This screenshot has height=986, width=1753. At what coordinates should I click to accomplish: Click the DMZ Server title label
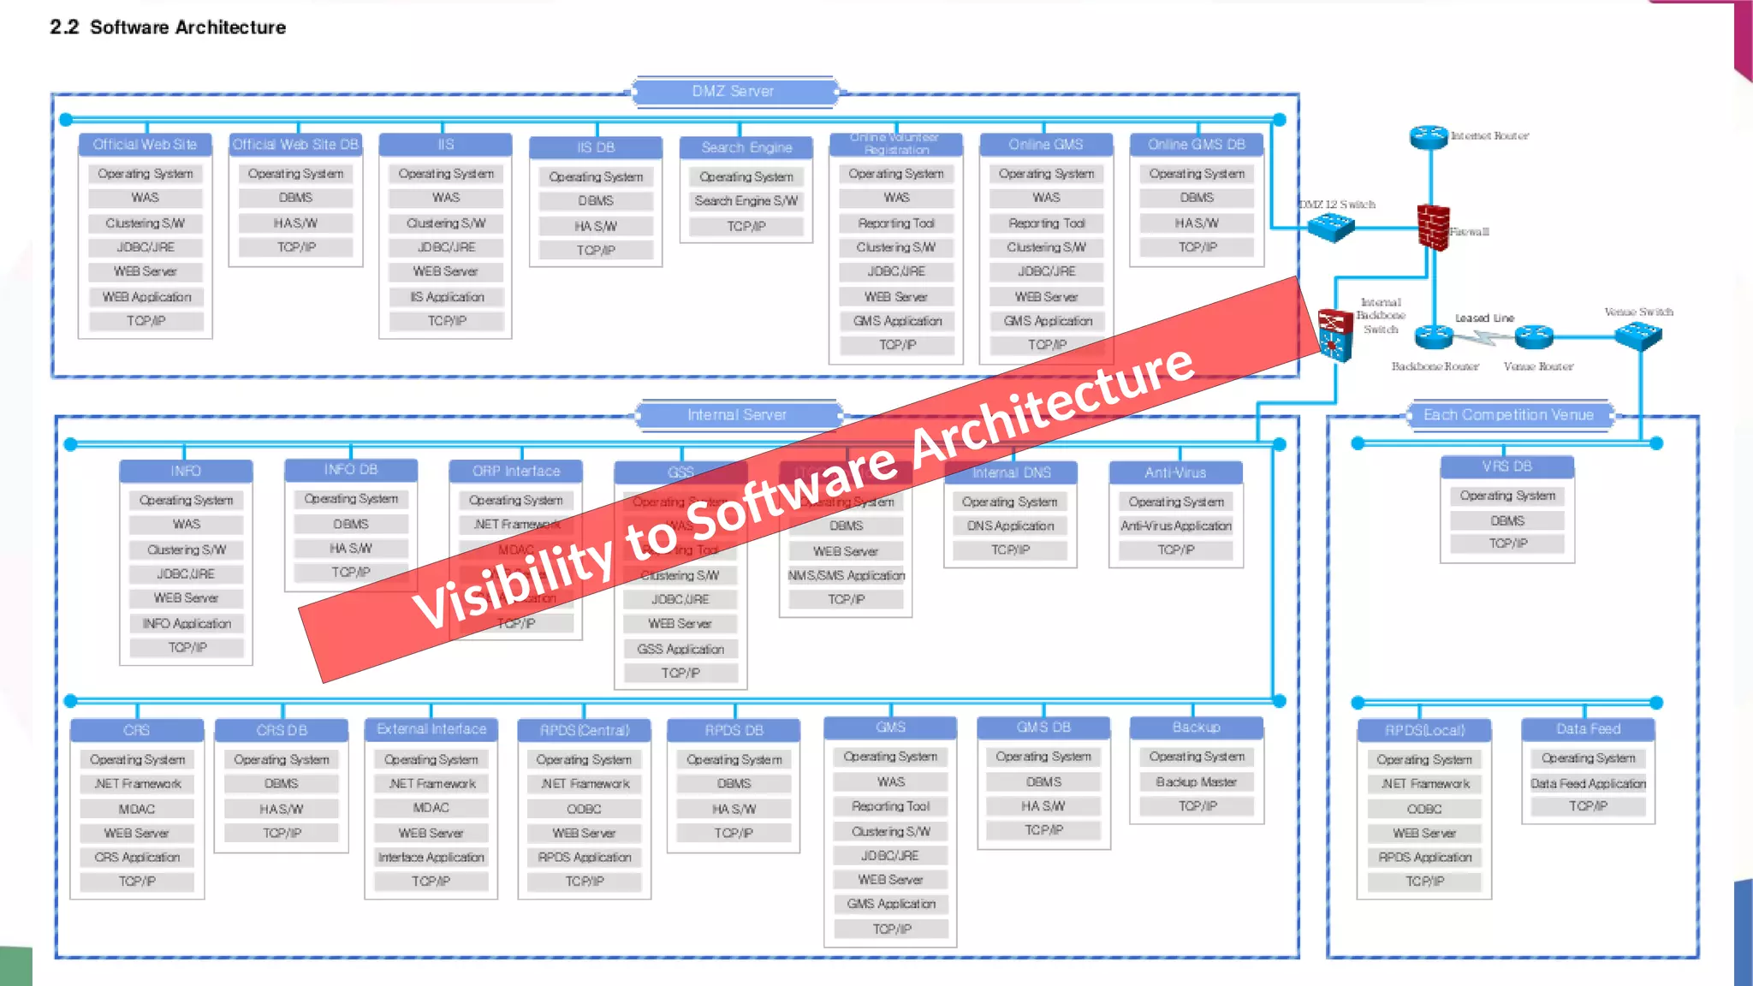click(x=734, y=91)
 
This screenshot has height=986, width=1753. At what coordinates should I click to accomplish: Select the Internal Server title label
click(x=737, y=415)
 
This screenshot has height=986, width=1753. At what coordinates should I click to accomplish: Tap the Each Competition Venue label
click(x=1508, y=415)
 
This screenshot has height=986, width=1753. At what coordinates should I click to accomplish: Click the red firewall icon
click(x=1433, y=228)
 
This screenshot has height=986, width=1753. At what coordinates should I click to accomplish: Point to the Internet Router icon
click(x=1429, y=136)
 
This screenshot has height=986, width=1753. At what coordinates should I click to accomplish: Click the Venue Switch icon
click(x=1637, y=335)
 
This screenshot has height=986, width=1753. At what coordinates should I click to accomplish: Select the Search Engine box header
click(x=746, y=147)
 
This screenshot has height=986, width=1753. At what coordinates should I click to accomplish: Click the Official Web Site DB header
click(x=295, y=145)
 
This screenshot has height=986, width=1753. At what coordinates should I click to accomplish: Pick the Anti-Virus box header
click(x=1175, y=472)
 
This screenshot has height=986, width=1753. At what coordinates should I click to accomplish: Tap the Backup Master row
click(x=1196, y=782)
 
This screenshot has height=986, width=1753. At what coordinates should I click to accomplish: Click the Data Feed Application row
click(x=1588, y=784)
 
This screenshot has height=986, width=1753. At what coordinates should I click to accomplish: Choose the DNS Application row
click(x=1010, y=526)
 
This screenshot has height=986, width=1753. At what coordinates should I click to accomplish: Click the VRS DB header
click(x=1506, y=466)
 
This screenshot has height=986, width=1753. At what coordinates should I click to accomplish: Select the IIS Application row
click(x=447, y=297)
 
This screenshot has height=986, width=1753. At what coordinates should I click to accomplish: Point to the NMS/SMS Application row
click(x=847, y=576)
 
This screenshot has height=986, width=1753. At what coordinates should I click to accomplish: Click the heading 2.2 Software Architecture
click(x=168, y=27)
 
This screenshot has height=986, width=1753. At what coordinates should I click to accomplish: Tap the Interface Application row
click(x=431, y=858)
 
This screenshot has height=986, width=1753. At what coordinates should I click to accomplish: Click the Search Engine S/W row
click(x=746, y=201)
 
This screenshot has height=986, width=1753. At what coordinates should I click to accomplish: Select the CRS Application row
click(x=137, y=858)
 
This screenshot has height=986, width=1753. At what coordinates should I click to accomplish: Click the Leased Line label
click(x=1484, y=318)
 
